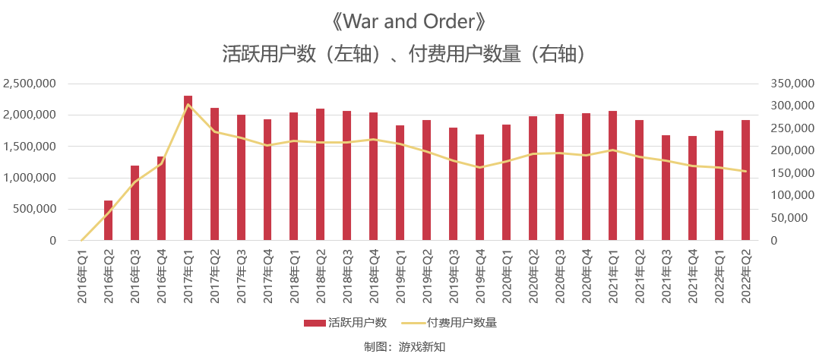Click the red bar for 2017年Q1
(188, 169)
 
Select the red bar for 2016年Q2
(108, 221)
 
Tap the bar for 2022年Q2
(745, 181)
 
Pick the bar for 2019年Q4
(480, 188)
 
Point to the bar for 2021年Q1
(612, 176)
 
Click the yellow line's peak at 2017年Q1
(188, 104)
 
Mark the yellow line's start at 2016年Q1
(82, 240)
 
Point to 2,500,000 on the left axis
(30, 84)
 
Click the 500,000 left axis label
(35, 209)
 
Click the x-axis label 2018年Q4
(374, 277)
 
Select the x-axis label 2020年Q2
(533, 277)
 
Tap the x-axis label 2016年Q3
(134, 277)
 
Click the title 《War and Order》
(409, 21)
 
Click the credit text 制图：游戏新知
(409, 346)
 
